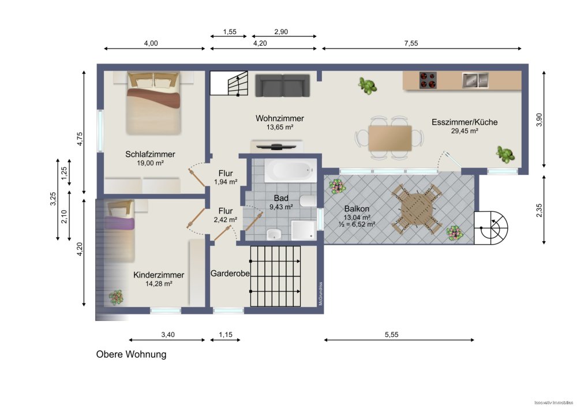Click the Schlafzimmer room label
click(150, 154)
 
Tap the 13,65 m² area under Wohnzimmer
click(280, 128)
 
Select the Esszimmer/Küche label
click(464, 122)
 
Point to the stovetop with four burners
click(427, 80)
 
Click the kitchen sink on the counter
click(474, 80)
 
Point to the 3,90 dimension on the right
click(539, 119)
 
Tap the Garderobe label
click(230, 274)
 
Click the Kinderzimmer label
click(158, 275)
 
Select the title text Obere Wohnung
click(131, 354)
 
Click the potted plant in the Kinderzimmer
click(116, 297)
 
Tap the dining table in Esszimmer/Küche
click(389, 138)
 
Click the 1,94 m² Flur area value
click(225, 182)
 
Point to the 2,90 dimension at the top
click(280, 31)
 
